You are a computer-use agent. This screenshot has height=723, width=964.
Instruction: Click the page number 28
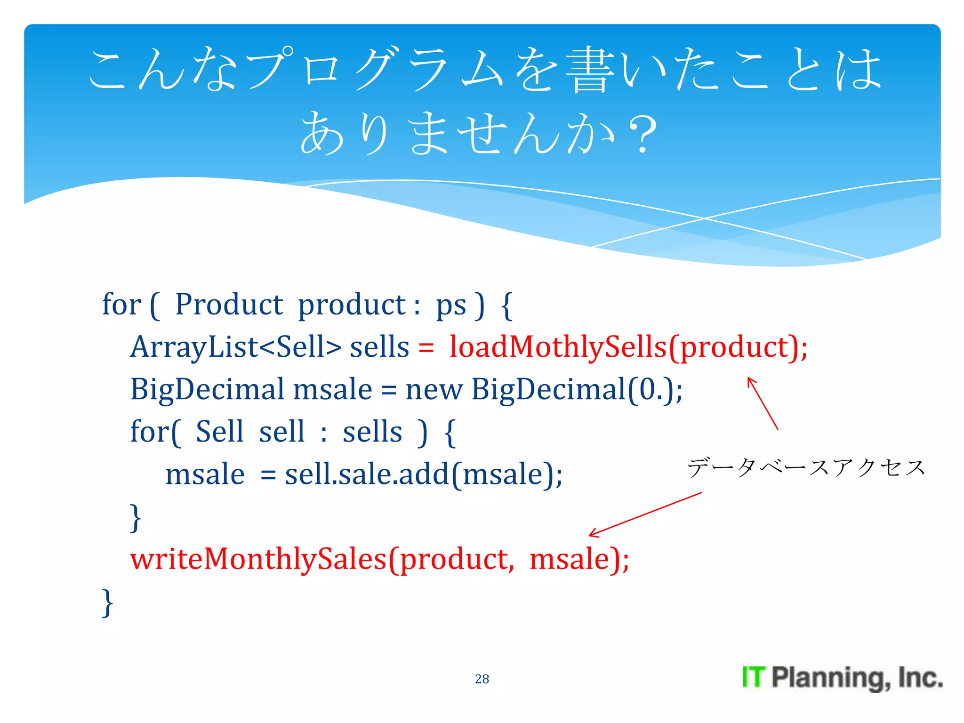click(x=482, y=678)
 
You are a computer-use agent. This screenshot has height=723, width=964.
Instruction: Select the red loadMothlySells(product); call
click(x=628, y=347)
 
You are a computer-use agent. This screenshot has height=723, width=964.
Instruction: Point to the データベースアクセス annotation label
click(x=806, y=467)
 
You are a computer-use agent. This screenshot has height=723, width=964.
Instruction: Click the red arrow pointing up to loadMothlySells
click(x=763, y=403)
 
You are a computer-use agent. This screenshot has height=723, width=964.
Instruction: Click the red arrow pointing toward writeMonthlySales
click(x=645, y=514)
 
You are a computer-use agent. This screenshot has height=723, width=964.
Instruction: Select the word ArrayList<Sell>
click(x=235, y=347)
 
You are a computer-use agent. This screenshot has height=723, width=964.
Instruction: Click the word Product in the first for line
click(x=229, y=305)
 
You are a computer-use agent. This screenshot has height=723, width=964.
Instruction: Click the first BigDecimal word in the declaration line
click(x=207, y=390)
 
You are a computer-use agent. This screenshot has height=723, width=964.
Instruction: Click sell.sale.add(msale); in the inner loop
click(x=423, y=474)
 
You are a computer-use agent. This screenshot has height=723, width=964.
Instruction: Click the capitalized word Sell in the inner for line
click(x=219, y=432)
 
